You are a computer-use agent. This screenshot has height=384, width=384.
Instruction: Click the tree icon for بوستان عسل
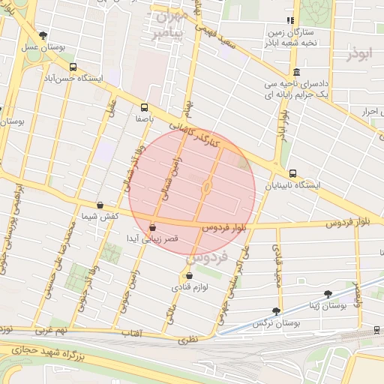coord(43,35)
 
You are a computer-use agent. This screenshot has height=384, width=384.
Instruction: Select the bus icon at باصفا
coord(144,107)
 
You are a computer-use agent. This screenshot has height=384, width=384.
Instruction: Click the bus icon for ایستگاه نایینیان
coord(292,173)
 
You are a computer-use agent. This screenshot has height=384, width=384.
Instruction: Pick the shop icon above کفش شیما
coord(100,205)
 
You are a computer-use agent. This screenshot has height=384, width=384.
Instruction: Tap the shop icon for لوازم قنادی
coord(189,275)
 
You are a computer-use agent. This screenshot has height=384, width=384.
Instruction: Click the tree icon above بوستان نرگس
coord(276,310)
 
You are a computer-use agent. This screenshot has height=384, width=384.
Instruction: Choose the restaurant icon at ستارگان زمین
coord(289,20)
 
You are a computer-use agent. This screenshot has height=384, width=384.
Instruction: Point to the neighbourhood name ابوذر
coord(359,53)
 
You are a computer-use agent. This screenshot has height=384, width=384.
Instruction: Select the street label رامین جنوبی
coord(134,288)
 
